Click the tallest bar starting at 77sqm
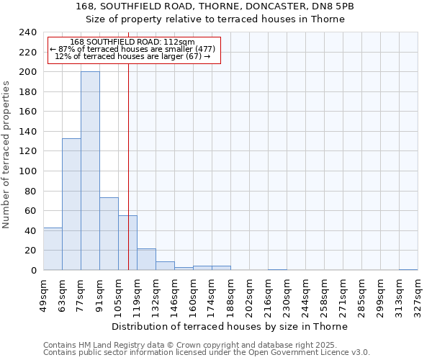coord(90,171)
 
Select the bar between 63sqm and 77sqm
coord(71,204)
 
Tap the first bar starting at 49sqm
coord(53,248)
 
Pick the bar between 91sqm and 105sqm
coord(109,233)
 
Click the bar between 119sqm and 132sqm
coord(146,259)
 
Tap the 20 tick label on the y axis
coord(31,251)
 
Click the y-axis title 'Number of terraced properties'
coord(7,154)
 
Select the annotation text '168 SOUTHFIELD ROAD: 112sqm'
coord(132,42)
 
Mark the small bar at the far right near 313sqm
coord(408,269)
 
